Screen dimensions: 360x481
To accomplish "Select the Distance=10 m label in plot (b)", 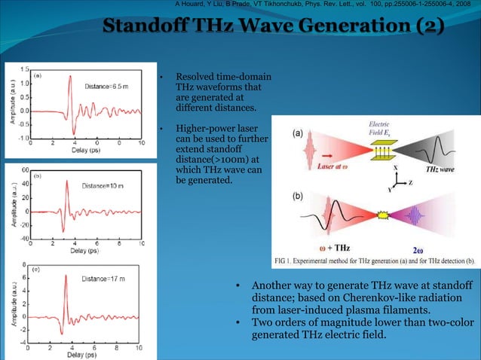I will (x=109, y=185).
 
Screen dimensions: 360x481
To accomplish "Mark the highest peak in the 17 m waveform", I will (x=66, y=276).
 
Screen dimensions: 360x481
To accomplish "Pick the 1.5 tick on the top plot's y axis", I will (x=24, y=69).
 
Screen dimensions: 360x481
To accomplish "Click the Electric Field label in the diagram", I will (x=379, y=129).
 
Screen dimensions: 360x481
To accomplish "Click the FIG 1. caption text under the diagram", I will (x=374, y=261).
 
